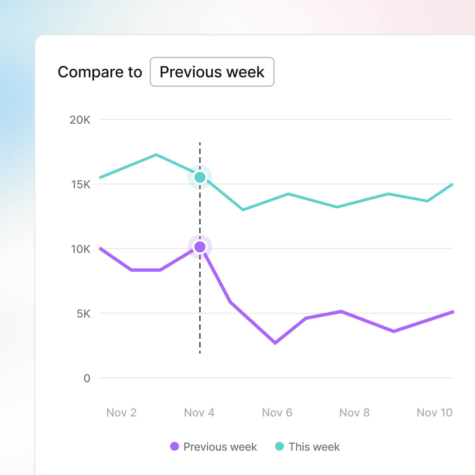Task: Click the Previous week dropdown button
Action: point(212,72)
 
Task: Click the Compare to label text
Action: point(100,72)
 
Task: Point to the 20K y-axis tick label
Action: point(80,120)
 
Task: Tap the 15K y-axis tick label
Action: point(81,184)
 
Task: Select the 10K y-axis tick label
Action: point(81,249)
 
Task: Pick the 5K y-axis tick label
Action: point(84,314)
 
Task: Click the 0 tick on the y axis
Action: point(87,378)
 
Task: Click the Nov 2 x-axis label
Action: point(122,412)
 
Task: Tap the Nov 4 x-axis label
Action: point(199,412)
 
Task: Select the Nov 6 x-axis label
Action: point(277,412)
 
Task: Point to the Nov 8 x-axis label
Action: point(354,412)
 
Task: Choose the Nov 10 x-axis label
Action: point(434,412)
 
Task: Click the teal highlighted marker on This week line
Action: point(200,177)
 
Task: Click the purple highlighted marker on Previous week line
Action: point(200,247)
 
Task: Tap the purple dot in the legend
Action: point(175,447)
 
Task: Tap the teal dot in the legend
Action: point(280,447)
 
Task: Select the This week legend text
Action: point(314,447)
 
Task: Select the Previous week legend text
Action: point(220,447)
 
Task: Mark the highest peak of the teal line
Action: point(156,155)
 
